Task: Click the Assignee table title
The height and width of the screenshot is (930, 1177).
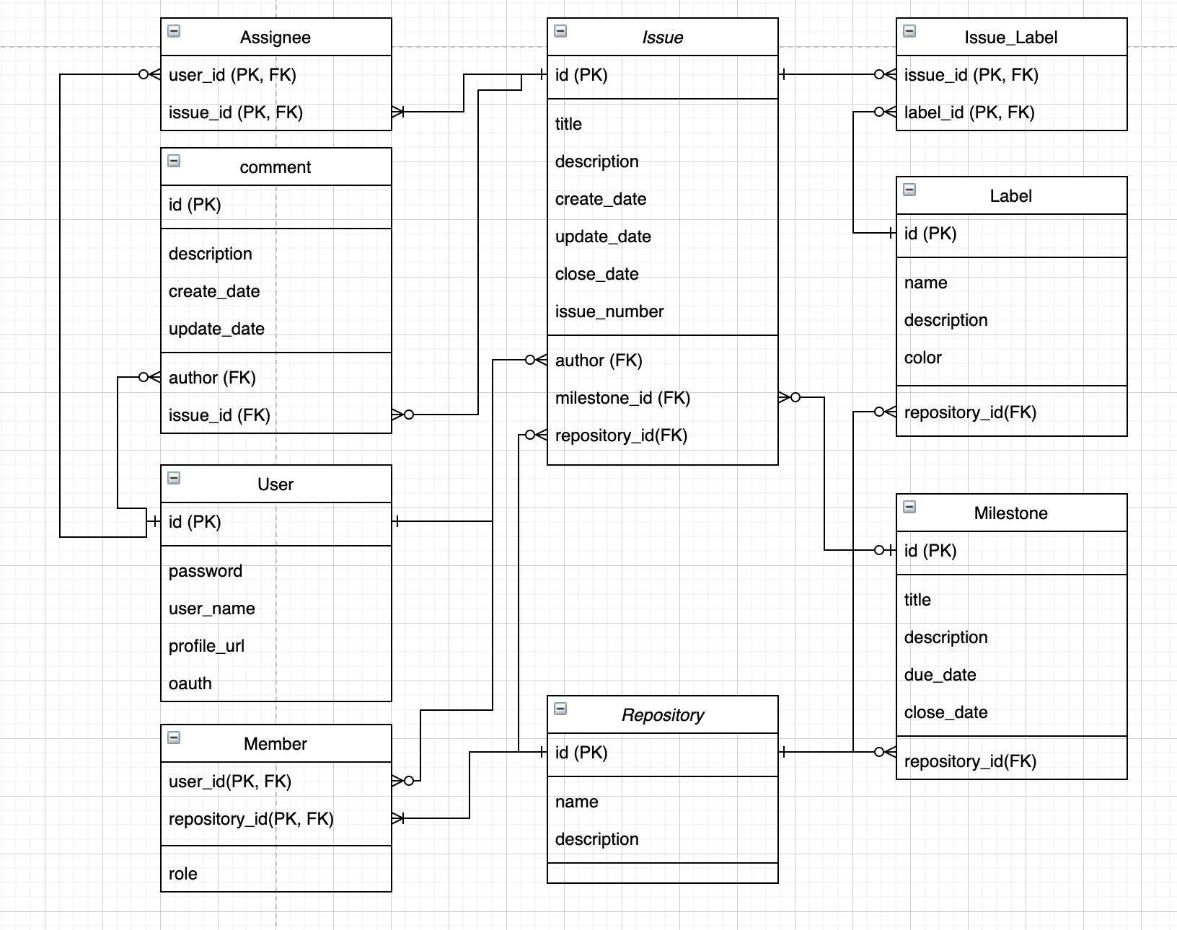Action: tap(275, 37)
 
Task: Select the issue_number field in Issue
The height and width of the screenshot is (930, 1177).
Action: tap(609, 311)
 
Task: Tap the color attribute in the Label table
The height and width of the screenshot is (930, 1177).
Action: tap(922, 358)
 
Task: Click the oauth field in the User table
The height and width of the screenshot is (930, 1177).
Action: tap(190, 683)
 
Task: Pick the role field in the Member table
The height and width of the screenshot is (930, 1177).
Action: tap(182, 874)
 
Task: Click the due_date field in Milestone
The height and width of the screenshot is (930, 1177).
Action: tap(940, 675)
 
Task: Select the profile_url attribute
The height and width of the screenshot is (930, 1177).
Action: tap(206, 646)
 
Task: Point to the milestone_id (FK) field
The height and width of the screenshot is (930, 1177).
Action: tap(622, 398)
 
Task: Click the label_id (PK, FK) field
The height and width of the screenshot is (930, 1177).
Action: tap(969, 112)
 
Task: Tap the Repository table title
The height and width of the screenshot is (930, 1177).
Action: tap(662, 715)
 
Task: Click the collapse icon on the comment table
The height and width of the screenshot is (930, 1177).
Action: tap(174, 161)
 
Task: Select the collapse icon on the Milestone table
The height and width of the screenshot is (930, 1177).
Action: tap(909, 507)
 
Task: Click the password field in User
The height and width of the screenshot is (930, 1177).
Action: tap(205, 571)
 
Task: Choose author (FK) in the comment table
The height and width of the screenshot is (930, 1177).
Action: tap(212, 378)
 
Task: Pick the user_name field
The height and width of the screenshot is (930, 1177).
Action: tap(211, 608)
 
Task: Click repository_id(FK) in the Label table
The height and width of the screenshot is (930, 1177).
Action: tap(969, 412)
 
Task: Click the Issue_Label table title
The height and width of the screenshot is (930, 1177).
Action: tap(1010, 37)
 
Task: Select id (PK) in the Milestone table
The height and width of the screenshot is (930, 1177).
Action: tap(930, 551)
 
